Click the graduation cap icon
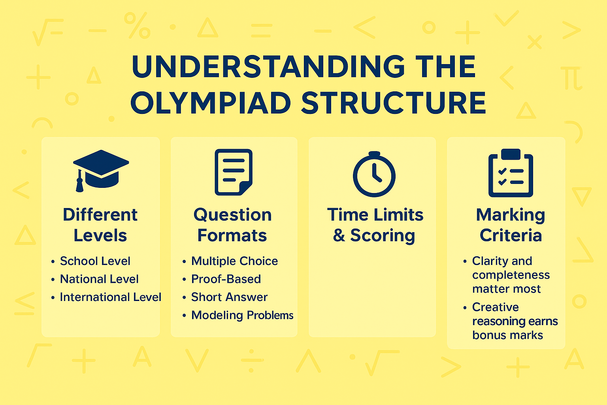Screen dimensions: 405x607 click(x=101, y=170)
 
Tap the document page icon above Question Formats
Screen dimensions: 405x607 click(x=234, y=172)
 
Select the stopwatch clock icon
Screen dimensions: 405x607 click(x=374, y=174)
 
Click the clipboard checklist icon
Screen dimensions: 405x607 click(x=511, y=173)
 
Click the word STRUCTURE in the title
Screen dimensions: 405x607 click(x=394, y=103)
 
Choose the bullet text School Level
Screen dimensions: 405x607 click(x=95, y=261)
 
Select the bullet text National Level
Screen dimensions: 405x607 click(x=99, y=279)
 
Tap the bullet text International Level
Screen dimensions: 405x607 click(x=110, y=297)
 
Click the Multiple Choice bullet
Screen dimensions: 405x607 click(x=234, y=261)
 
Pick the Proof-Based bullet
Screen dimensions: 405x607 click(x=226, y=279)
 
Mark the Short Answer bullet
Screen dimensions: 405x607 click(x=229, y=297)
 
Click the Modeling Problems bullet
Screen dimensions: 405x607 click(x=242, y=315)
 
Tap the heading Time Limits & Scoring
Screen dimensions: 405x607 click(x=375, y=225)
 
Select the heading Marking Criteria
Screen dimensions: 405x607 click(x=511, y=225)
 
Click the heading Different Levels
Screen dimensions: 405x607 click(x=100, y=225)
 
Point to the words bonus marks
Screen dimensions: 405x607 click(x=507, y=335)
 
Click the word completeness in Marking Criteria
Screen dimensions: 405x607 click(x=511, y=275)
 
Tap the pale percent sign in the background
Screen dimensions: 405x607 click(x=137, y=25)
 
